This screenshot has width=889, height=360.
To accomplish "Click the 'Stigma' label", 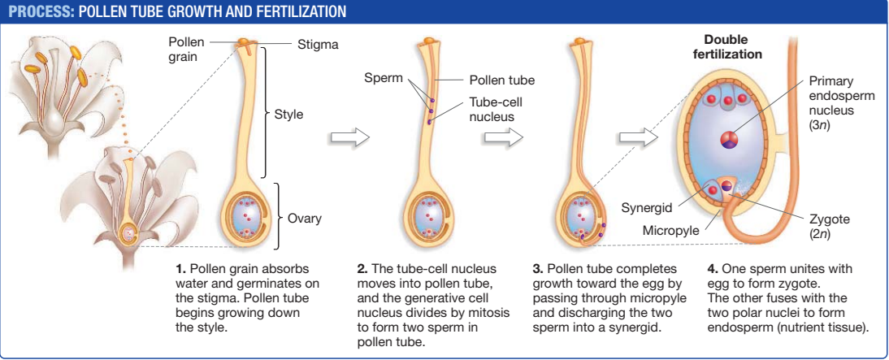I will (x=318, y=44).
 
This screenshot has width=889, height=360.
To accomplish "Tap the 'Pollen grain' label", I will (x=186, y=49).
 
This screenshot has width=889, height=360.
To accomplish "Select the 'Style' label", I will (x=288, y=115).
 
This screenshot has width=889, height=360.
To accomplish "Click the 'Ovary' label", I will (x=305, y=218).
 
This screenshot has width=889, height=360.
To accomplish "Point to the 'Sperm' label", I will (x=382, y=78).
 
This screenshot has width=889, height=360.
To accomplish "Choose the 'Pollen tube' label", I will (x=501, y=80).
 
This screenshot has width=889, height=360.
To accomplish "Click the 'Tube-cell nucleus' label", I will (x=492, y=110).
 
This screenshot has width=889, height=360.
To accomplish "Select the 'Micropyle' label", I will (x=670, y=230).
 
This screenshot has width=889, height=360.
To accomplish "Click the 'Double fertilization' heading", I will (x=726, y=47).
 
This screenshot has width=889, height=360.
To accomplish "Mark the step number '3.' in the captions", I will (x=538, y=268).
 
